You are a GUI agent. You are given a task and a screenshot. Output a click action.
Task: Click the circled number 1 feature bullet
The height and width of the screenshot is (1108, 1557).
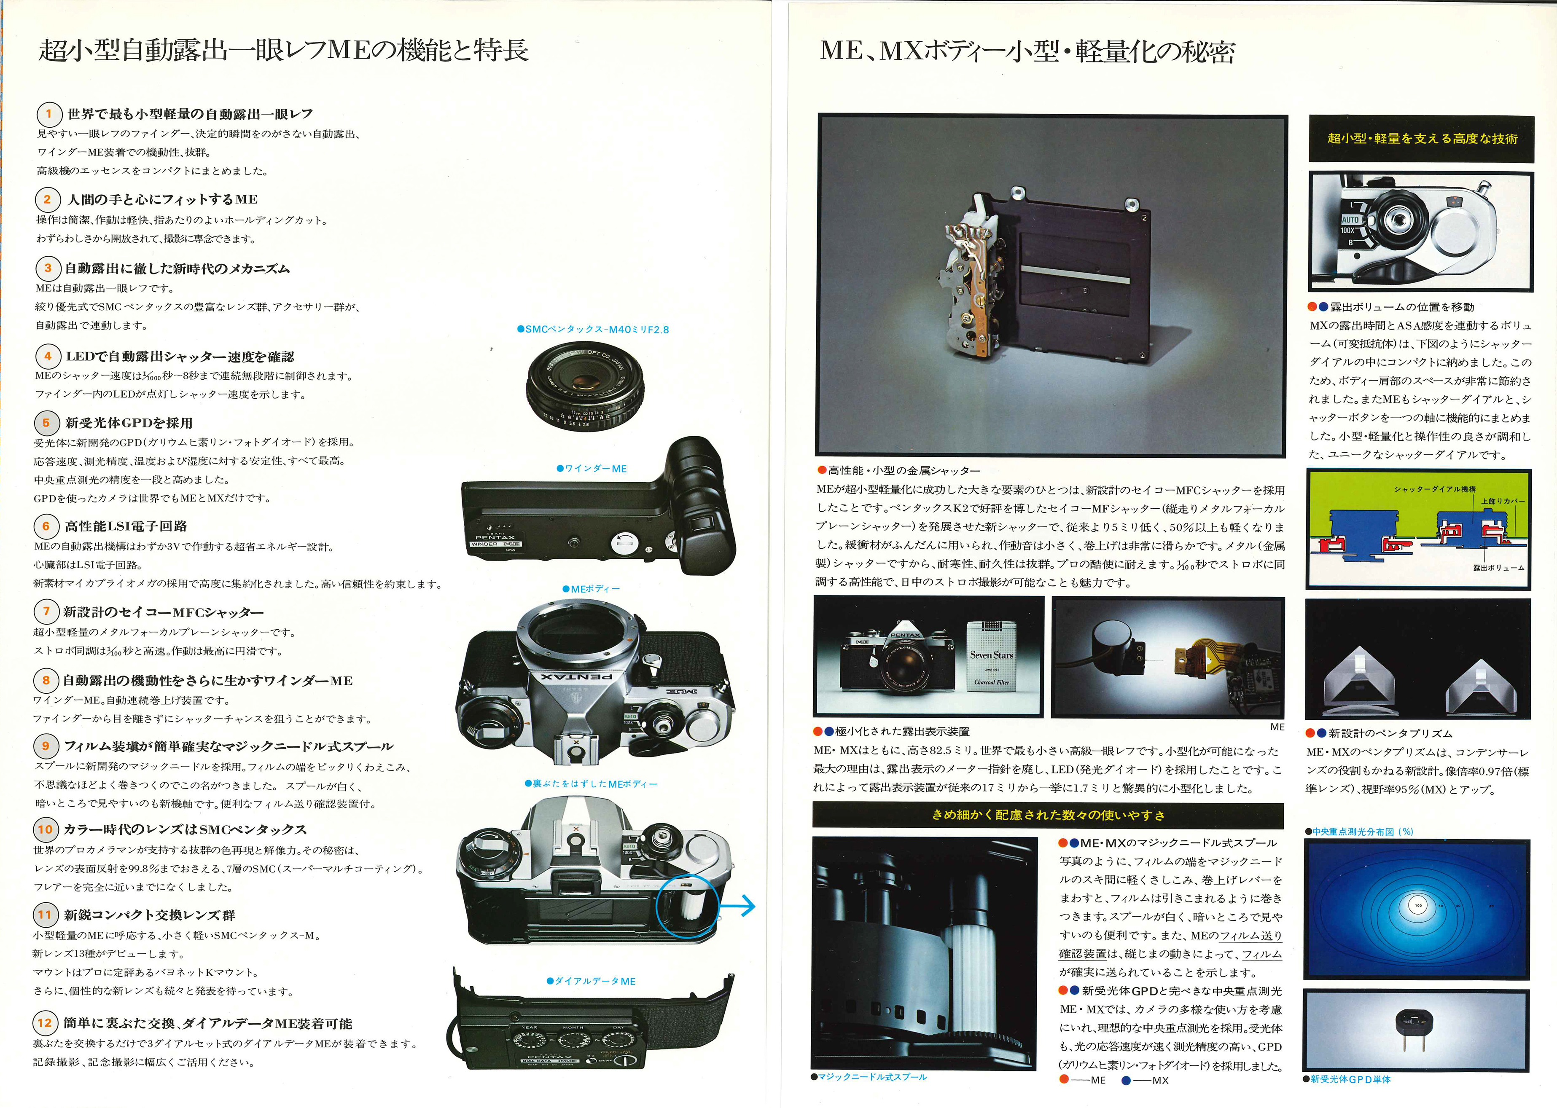48,113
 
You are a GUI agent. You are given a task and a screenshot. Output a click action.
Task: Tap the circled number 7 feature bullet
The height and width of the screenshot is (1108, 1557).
46,611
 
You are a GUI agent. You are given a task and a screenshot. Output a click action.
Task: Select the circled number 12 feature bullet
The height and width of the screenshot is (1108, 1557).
44,1023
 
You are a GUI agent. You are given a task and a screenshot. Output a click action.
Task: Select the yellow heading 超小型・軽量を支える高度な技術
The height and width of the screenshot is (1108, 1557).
1422,139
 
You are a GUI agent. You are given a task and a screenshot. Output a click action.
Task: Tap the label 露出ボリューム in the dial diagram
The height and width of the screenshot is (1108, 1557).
1498,568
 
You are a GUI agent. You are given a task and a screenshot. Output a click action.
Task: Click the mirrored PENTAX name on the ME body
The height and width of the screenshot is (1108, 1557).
576,677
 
